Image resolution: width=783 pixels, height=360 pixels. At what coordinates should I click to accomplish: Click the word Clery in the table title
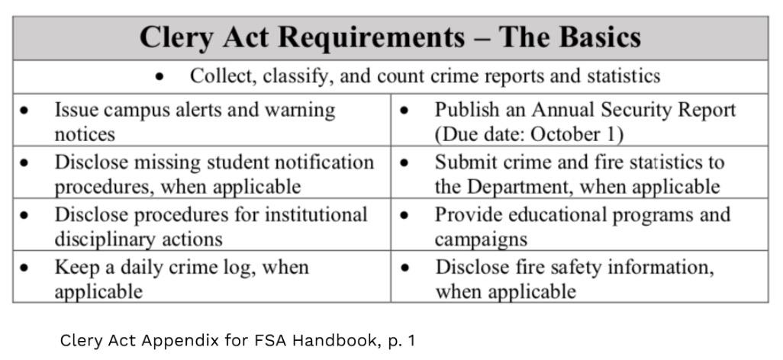coord(176,38)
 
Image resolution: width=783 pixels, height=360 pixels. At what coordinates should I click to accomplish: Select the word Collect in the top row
coord(218,76)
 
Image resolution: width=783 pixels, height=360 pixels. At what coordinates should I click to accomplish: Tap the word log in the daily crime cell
coord(270,268)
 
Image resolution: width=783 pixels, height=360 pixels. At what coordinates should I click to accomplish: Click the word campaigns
coord(481,239)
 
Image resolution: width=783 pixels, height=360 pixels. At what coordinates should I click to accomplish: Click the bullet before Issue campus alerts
coord(26,111)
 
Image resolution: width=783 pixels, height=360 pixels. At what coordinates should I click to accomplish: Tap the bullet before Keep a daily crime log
coord(26,268)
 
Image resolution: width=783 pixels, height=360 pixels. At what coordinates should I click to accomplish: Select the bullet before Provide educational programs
coord(404,216)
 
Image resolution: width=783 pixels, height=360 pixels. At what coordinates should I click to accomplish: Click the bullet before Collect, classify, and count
coord(159,77)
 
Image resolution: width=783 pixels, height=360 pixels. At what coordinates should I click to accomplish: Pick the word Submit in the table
coord(461,162)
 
